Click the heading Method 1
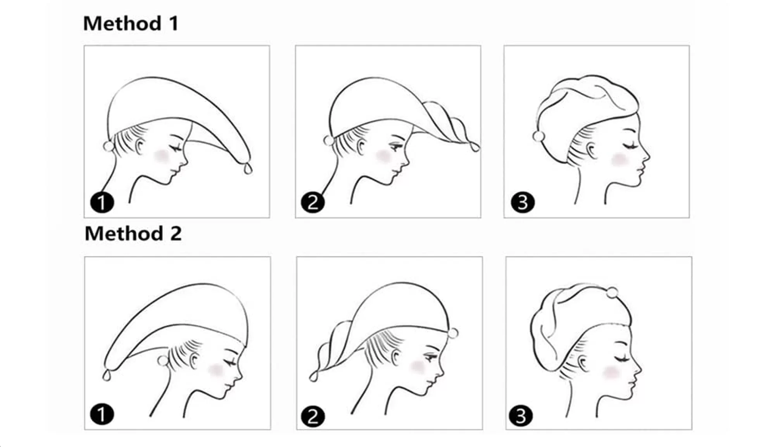[131, 23]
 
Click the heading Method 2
[133, 234]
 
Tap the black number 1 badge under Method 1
[102, 202]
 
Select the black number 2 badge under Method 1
[312, 202]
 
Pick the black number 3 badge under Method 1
[523, 202]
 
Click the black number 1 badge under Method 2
[102, 414]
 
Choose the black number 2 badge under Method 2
[312, 417]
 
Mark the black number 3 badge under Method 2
[521, 416]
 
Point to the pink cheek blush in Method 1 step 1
[162, 156]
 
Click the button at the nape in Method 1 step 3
[539, 136]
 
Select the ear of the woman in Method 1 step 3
[591, 150]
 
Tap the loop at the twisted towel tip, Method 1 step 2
[475, 147]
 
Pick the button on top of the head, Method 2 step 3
[612, 293]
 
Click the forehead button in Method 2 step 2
[453, 333]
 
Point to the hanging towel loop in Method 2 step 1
[107, 375]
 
